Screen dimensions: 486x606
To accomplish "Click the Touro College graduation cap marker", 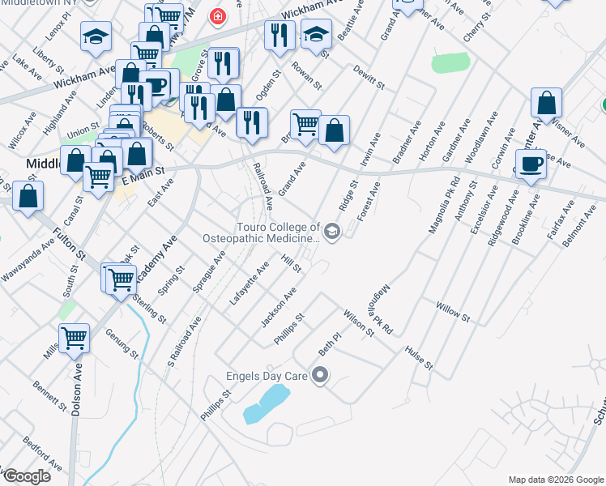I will (x=332, y=232).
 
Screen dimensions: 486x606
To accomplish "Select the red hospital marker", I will (x=216, y=16).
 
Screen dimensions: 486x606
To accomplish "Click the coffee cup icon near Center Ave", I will (x=531, y=164).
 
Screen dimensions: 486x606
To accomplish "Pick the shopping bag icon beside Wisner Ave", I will (x=546, y=103).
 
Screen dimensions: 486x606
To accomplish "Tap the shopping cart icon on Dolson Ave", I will (x=74, y=338).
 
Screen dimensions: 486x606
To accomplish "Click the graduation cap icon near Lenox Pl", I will (x=96, y=36).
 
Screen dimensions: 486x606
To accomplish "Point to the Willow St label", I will (x=453, y=310).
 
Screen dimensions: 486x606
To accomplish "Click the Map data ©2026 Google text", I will (x=556, y=480).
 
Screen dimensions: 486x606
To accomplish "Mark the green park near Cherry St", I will (x=450, y=63).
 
